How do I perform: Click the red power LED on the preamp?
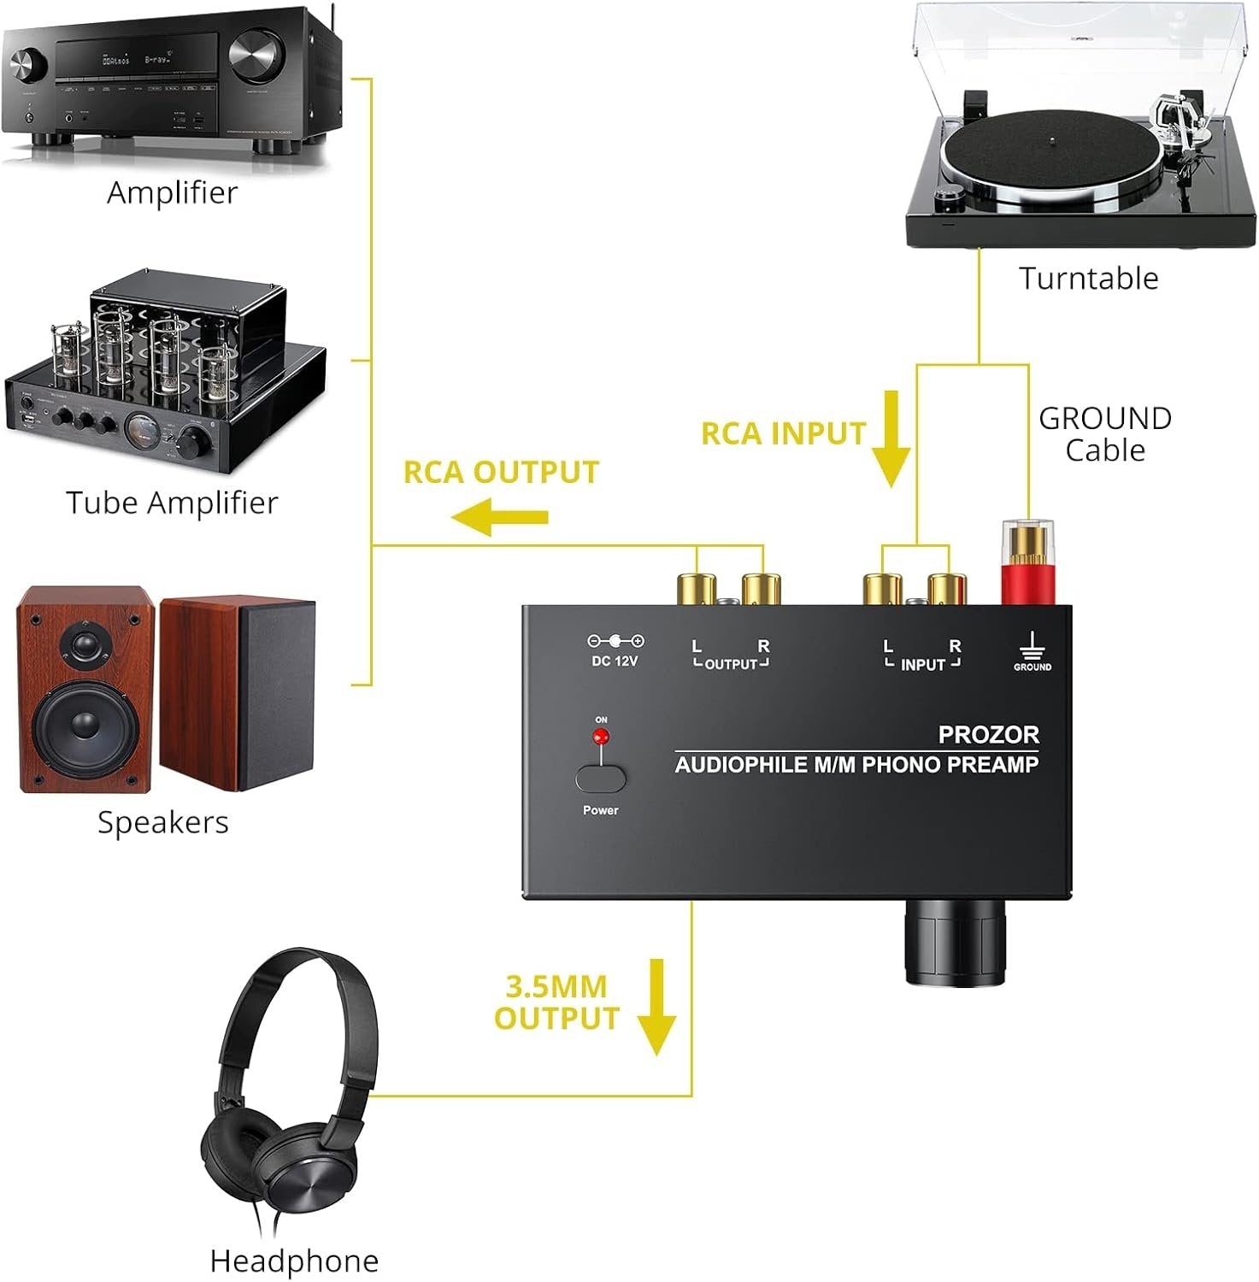(x=601, y=736)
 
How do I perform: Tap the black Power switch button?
(x=600, y=779)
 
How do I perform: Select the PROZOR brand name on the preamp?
(x=988, y=734)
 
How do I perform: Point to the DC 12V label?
(x=615, y=661)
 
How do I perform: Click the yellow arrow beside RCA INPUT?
(x=891, y=438)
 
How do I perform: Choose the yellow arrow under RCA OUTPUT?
(x=500, y=517)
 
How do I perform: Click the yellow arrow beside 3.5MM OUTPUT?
(x=656, y=1006)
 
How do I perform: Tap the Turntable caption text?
(x=1088, y=279)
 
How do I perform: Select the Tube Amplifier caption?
(x=172, y=503)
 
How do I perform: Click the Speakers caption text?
(x=162, y=822)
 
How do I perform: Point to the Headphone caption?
(x=293, y=1261)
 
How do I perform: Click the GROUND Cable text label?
(x=1104, y=434)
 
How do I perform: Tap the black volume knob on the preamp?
(x=956, y=949)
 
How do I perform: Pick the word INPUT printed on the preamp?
(x=922, y=665)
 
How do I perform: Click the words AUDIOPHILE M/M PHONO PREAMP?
(x=856, y=765)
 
